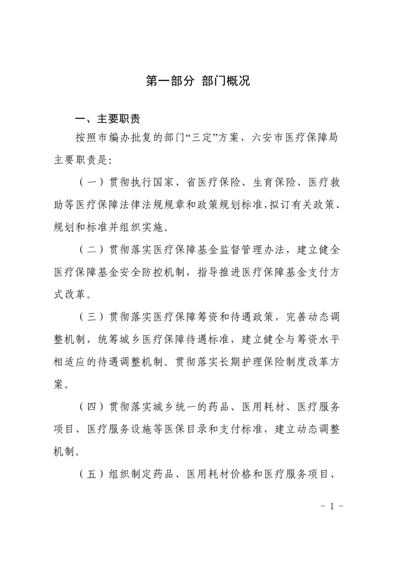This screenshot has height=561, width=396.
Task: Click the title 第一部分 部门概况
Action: (x=198, y=81)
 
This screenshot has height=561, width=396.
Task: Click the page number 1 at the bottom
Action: (x=331, y=505)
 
